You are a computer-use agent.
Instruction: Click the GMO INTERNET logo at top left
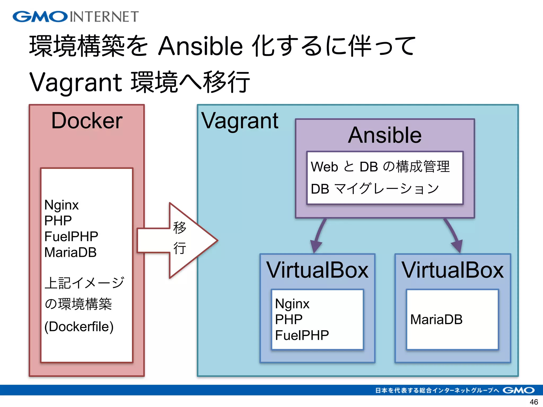tap(76, 16)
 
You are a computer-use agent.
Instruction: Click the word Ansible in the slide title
tap(200, 46)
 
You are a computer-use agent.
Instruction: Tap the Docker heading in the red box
tap(87, 121)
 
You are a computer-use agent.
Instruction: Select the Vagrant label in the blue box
tap(240, 121)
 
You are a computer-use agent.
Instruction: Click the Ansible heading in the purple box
tap(385, 135)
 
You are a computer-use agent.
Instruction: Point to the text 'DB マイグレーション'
tap(375, 189)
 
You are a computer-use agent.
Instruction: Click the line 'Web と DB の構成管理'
tap(380, 167)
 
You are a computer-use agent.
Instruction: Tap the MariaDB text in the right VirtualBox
tap(436, 319)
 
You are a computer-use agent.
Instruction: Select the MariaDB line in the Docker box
tap(70, 252)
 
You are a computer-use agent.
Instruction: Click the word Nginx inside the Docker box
tap(61, 205)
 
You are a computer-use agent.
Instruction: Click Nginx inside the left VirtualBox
tap(292, 304)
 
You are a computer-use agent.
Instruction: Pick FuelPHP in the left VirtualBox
tap(302, 335)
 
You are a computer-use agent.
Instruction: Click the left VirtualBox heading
tap(317, 270)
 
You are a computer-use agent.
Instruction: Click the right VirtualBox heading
tap(453, 270)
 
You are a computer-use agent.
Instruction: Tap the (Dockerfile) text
tap(79, 326)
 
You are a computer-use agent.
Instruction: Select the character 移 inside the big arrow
tap(179, 227)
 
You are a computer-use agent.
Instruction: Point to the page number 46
tap(533, 402)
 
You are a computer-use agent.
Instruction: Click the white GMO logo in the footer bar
tap(518, 390)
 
